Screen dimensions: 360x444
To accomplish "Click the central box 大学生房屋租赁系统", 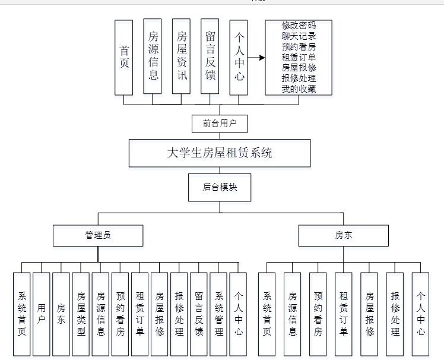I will pos(220,153).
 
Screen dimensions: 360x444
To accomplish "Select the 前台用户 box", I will pos(220,123).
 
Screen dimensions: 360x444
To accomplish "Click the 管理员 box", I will pos(98,235).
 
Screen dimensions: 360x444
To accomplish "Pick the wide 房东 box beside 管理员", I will pos(344,235).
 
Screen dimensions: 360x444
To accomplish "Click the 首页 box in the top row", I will pos(124,57).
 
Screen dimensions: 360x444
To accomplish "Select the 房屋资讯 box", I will pos(181,57).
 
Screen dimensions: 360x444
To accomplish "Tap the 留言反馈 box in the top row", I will pos(210,57).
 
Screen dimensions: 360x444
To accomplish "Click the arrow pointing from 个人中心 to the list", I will pos(256,58).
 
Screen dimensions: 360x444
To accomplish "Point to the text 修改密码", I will pos(299,26).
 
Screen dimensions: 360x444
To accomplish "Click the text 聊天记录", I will pos(299,36).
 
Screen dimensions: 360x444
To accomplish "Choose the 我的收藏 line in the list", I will pos(299,90).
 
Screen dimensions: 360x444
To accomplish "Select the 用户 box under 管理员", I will pos(42,314).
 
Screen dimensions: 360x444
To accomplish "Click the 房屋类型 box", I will pos(81,314).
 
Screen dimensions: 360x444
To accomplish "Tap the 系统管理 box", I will pos(218,314).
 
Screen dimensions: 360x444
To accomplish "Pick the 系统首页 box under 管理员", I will pos(22,314).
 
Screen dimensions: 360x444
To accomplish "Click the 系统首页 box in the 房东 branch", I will pos(267,314).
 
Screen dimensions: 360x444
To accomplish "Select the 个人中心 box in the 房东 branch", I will pos(420,314).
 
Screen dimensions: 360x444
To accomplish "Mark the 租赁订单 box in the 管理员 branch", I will pos(140,314).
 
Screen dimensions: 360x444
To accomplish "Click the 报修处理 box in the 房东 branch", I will pos(395,314).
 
